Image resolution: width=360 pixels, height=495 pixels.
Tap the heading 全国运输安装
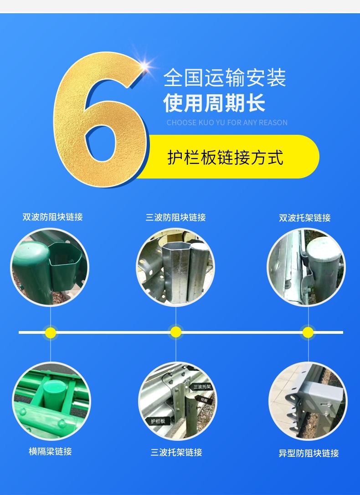tap(225, 78)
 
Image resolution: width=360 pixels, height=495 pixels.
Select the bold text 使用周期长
tap(214, 103)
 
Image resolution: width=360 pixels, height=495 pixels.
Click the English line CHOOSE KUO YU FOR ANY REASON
tap(227, 122)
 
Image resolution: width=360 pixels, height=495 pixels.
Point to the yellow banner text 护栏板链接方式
tap(225, 157)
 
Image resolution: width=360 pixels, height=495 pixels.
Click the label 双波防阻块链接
tap(52, 217)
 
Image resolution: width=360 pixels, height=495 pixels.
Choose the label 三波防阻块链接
tap(175, 217)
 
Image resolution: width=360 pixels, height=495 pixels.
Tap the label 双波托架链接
tap(305, 218)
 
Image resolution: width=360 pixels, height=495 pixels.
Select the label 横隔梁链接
tap(50, 451)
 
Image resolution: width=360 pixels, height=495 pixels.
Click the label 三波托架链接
tap(176, 452)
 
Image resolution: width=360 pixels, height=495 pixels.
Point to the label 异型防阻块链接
tap(309, 453)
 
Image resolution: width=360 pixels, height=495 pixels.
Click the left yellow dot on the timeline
tap(51, 332)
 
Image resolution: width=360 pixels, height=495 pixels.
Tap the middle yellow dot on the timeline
tap(176, 332)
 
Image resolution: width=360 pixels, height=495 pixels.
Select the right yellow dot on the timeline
tap(308, 332)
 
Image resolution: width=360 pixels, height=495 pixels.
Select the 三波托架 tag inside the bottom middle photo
tap(201, 387)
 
